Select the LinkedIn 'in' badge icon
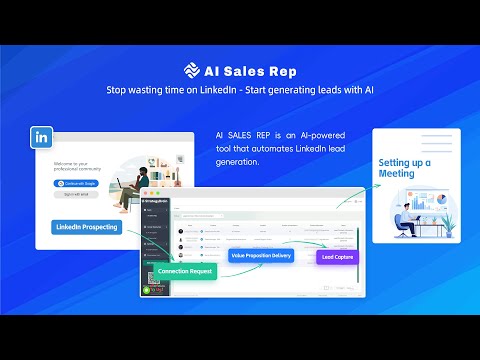pyautogui.click(x=42, y=135)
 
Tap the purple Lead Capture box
pyautogui.click(x=336, y=257)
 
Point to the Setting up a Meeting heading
pyautogui.click(x=404, y=167)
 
